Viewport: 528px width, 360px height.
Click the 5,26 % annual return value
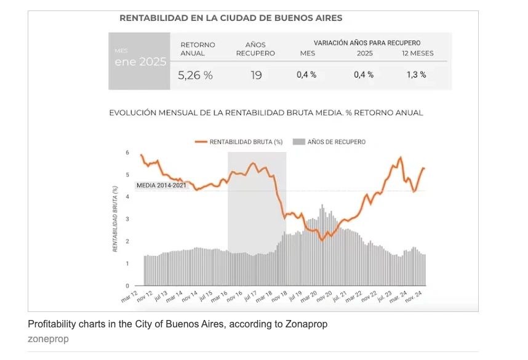tap(195, 75)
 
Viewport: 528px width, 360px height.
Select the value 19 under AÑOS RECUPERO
tap(256, 75)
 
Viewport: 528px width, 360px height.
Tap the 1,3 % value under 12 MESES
tap(416, 74)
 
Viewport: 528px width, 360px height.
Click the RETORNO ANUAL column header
tap(198, 49)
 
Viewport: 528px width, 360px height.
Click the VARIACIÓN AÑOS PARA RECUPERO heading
tap(367, 43)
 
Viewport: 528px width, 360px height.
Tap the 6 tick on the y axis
tap(127, 153)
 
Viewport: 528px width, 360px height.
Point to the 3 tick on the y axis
tap(127, 219)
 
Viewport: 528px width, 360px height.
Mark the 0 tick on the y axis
tap(127, 286)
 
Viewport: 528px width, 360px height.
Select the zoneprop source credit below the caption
tap(48, 338)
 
